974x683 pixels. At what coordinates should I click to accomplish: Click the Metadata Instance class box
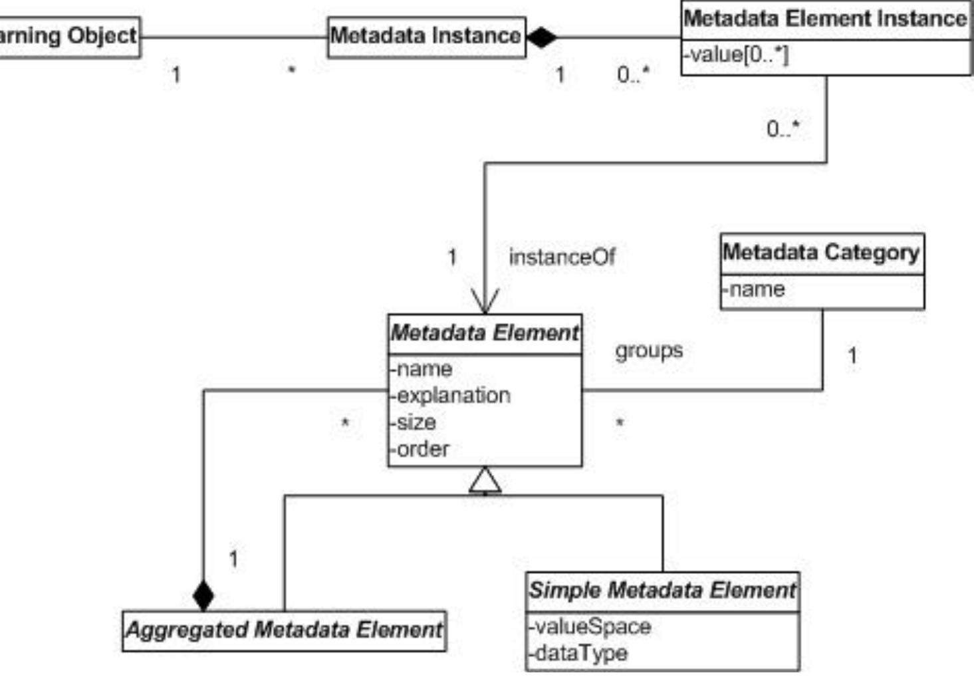point(426,36)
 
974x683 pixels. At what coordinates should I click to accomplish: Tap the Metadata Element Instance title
point(825,19)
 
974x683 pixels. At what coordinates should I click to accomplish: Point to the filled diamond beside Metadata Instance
point(541,37)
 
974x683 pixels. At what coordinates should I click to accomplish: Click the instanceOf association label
point(562,257)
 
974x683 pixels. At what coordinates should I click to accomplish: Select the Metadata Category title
point(821,253)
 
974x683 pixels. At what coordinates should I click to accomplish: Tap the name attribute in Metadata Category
point(754,290)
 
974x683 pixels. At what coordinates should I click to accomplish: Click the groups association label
point(649,350)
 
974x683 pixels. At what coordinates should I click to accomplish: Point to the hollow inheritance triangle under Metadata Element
point(485,480)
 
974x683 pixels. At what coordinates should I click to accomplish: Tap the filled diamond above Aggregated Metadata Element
point(203,595)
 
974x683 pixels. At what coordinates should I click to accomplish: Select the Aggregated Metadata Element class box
point(284,630)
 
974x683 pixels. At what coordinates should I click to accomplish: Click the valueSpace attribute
point(590,626)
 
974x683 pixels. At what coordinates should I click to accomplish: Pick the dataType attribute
point(578,653)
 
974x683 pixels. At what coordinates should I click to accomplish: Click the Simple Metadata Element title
point(662,591)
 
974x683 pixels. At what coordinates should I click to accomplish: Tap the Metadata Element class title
point(485,333)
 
